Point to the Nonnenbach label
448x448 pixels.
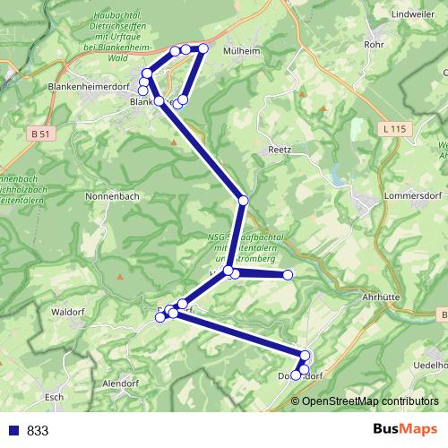click(111, 194)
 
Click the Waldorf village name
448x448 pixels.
click(68, 312)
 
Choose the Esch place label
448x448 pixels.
click(54, 396)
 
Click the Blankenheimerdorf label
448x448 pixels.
click(88, 87)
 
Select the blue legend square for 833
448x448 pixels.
click(12, 430)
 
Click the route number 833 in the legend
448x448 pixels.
click(38, 430)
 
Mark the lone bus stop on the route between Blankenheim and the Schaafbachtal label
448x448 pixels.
click(242, 200)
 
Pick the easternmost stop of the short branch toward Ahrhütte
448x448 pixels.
click(289, 274)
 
